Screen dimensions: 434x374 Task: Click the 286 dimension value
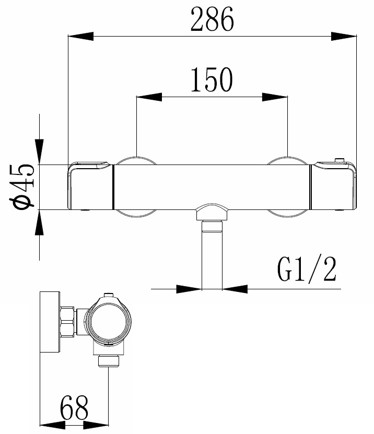click(x=212, y=21)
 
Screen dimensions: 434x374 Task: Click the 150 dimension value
click(x=212, y=80)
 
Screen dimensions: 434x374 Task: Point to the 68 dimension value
click(x=74, y=408)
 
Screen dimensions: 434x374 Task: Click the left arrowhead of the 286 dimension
click(x=81, y=36)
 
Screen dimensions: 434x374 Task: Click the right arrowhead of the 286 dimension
click(x=344, y=36)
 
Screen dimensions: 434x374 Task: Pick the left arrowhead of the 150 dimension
click(x=148, y=97)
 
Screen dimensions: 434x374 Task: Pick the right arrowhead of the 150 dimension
click(x=275, y=97)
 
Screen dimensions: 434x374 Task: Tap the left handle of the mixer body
click(x=90, y=187)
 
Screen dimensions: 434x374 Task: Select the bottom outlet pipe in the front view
click(x=212, y=256)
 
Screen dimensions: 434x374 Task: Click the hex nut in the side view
click(x=68, y=321)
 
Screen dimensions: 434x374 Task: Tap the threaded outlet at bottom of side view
click(x=108, y=360)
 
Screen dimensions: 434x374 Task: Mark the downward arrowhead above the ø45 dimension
click(x=40, y=146)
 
